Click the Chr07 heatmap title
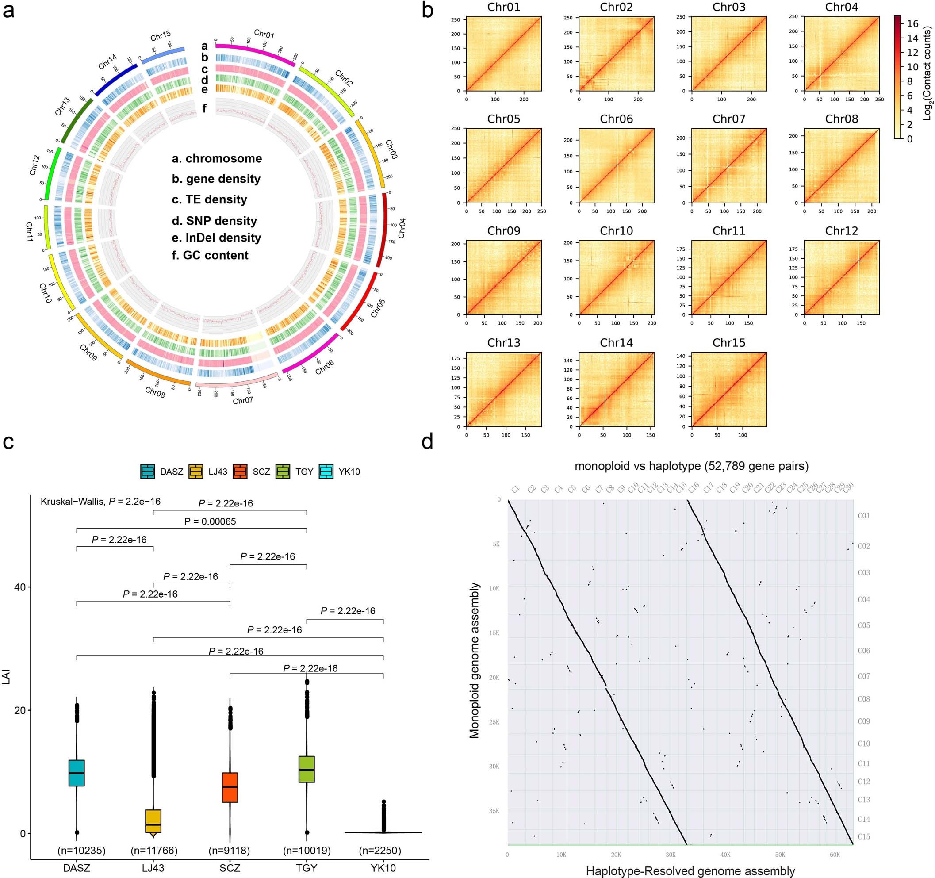[x=728, y=119]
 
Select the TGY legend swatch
[x=283, y=471]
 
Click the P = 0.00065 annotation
[x=210, y=521]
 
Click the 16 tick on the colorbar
[x=912, y=23]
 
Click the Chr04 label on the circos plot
[x=401, y=228]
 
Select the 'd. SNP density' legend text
[x=215, y=221]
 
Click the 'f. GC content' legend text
[x=210, y=255]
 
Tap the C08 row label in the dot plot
[x=863, y=699]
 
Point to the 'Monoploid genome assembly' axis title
[x=474, y=661]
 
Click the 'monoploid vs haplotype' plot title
[x=691, y=466]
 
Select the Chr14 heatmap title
[x=616, y=343]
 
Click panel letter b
[x=427, y=10]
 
